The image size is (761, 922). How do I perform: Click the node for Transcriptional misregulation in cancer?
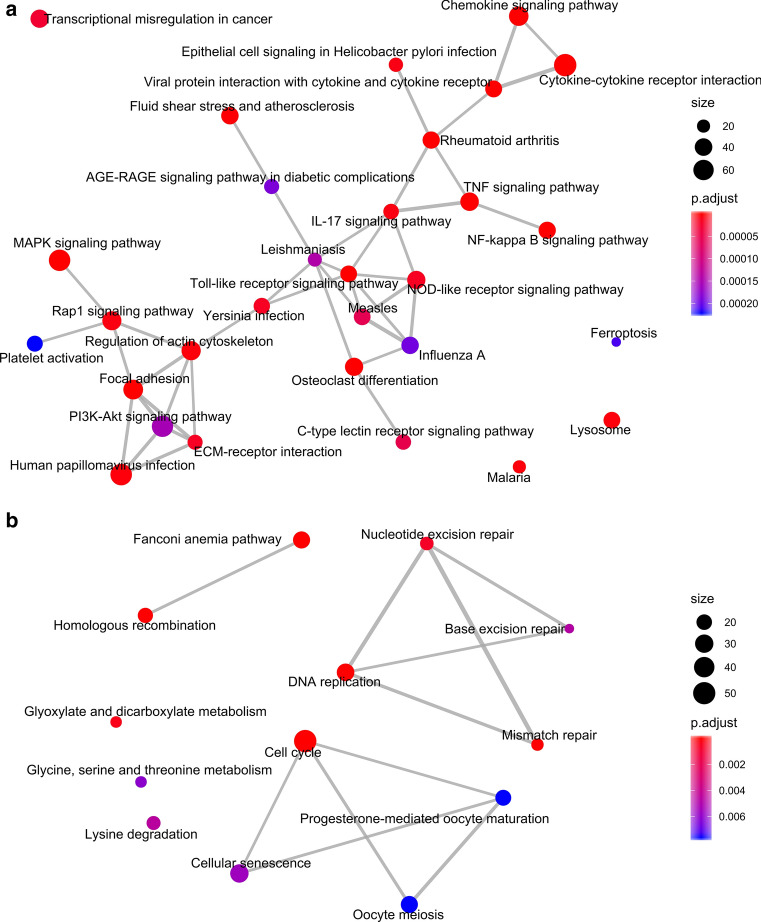click(x=39, y=19)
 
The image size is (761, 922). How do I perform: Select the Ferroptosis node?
click(x=616, y=342)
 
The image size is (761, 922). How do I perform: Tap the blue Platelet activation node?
click(x=34, y=344)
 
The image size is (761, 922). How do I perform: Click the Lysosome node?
click(x=612, y=419)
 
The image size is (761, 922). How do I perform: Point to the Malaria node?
click(x=519, y=466)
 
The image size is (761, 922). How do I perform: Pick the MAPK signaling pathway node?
click(x=59, y=261)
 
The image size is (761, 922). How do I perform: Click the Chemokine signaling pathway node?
click(x=519, y=17)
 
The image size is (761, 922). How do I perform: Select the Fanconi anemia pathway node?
click(x=301, y=540)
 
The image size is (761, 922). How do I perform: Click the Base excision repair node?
click(x=569, y=628)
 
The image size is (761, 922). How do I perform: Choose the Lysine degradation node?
click(x=153, y=822)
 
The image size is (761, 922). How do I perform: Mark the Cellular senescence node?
click(x=239, y=873)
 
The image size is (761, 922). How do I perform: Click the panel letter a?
click(x=9, y=14)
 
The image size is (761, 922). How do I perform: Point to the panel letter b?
click(x=9, y=521)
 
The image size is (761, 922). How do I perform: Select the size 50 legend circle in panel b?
click(x=703, y=692)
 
